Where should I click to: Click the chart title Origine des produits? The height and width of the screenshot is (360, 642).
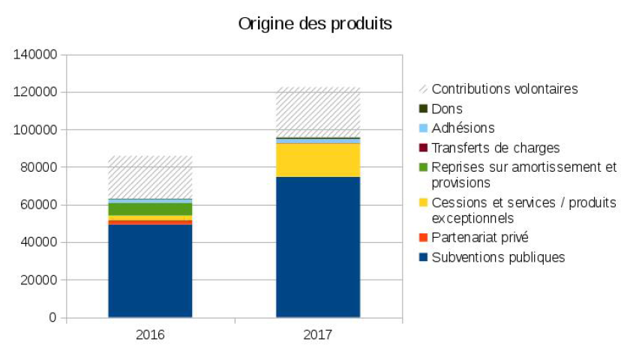pyautogui.click(x=315, y=24)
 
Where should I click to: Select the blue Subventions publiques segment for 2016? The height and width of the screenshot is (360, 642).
pyautogui.click(x=150, y=271)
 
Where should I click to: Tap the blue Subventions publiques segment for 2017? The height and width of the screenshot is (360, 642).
pyautogui.click(x=318, y=247)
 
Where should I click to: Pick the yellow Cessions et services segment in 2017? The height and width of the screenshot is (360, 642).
pyautogui.click(x=318, y=160)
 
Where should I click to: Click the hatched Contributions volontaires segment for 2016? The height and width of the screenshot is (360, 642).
pyautogui.click(x=150, y=177)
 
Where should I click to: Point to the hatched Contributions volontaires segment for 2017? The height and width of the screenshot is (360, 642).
pyautogui.click(x=318, y=112)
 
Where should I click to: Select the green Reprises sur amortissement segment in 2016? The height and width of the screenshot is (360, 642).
pyautogui.click(x=150, y=208)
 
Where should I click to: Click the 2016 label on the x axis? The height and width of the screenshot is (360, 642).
pyautogui.click(x=150, y=334)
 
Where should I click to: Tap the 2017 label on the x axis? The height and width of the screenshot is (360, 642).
pyautogui.click(x=318, y=334)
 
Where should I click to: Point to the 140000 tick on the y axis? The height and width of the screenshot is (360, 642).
pyautogui.click(x=36, y=55)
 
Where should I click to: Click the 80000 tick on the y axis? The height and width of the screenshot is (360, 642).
pyautogui.click(x=39, y=167)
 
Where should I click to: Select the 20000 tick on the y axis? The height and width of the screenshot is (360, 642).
pyautogui.click(x=39, y=280)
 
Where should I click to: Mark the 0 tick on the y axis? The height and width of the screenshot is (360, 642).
pyautogui.click(x=53, y=317)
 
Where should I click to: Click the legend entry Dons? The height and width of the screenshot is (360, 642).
pyautogui.click(x=447, y=109)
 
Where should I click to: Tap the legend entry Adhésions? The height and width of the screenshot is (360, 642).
pyautogui.click(x=463, y=128)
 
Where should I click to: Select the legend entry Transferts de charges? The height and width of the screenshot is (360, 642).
pyautogui.click(x=496, y=148)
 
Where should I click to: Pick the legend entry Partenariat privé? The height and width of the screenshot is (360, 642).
pyautogui.click(x=480, y=238)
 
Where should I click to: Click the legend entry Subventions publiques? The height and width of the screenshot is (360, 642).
pyautogui.click(x=498, y=257)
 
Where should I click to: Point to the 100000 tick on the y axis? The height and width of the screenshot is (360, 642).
pyautogui.click(x=36, y=130)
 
